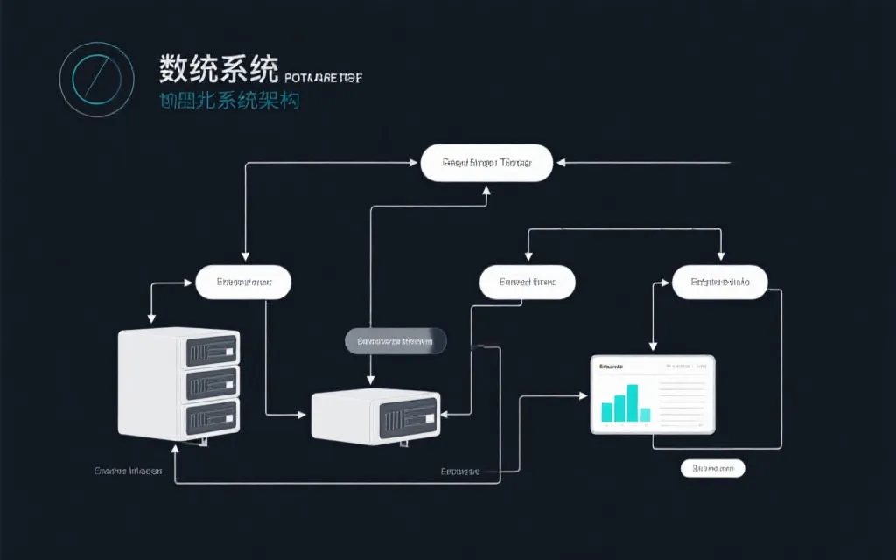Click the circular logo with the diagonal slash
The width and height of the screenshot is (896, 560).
tap(96, 79)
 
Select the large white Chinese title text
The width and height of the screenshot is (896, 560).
tap(219, 69)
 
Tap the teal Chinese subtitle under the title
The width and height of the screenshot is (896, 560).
tap(228, 101)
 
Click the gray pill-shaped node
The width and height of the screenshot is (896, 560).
tap(395, 341)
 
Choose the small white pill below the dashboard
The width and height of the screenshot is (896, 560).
tap(712, 469)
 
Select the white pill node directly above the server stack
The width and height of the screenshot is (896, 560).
tap(242, 283)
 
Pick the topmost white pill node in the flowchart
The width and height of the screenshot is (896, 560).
tap(486, 164)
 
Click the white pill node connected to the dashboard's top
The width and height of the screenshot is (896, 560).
tap(719, 283)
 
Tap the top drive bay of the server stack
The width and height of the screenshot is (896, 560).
tap(210, 351)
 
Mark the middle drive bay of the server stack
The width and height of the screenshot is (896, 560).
tap(210, 382)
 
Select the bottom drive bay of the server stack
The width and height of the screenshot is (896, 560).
tap(210, 413)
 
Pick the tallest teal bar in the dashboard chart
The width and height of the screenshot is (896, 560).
tap(632, 402)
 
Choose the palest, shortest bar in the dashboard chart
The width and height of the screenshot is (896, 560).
tap(645, 415)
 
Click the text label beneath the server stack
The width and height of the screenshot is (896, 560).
tap(128, 471)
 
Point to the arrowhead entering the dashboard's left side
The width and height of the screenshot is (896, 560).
tap(584, 395)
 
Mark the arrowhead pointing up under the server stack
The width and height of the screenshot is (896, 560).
tap(176, 446)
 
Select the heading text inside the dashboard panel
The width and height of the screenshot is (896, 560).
tap(611, 368)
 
